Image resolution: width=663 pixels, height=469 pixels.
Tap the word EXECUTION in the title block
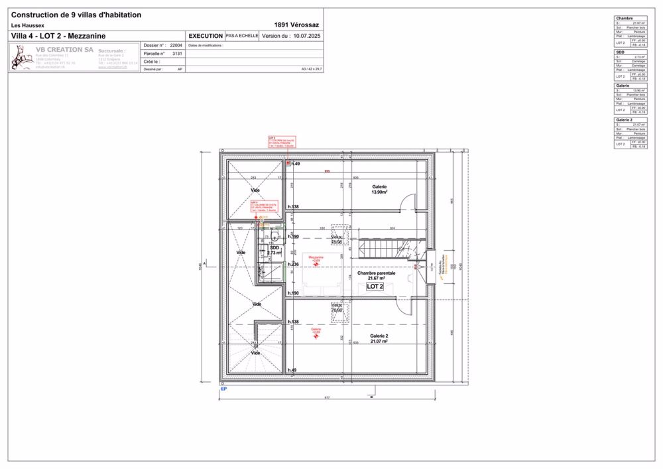206,36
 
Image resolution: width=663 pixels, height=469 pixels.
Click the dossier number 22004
176,46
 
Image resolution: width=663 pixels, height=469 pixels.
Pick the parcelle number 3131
177,53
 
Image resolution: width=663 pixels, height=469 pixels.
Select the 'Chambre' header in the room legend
624,19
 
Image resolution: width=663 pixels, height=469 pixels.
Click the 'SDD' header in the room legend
620,52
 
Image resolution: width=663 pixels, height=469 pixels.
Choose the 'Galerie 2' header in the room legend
624,120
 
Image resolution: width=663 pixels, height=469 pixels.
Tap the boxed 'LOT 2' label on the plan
375,286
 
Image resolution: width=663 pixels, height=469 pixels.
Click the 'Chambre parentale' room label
376,273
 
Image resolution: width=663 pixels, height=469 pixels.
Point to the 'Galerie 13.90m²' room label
379,189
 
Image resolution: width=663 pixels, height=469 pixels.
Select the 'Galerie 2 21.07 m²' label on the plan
379,338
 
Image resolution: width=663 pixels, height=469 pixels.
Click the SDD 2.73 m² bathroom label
274,250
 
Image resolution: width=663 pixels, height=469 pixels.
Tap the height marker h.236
293,264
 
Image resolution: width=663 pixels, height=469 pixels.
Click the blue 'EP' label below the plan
223,389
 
